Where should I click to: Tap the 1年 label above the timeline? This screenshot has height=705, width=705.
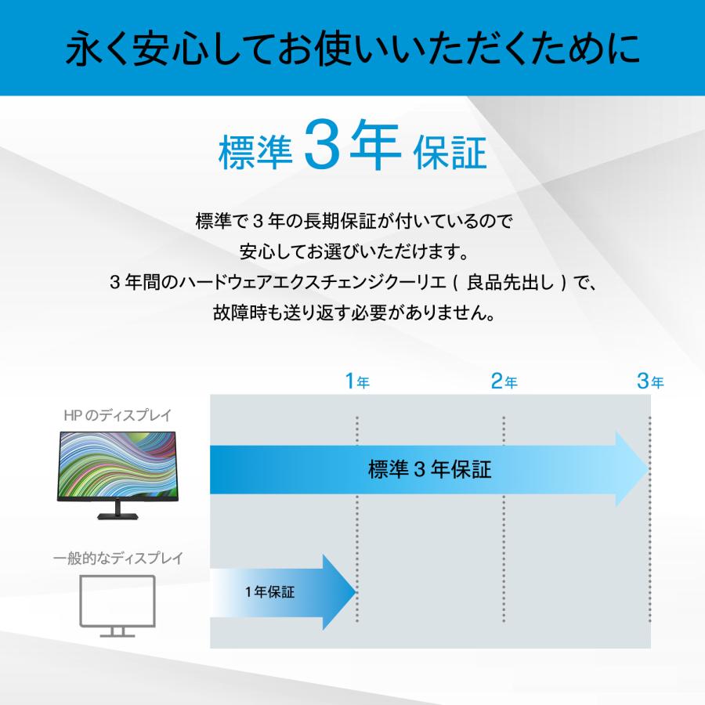(357, 382)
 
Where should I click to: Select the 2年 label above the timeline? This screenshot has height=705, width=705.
(504, 382)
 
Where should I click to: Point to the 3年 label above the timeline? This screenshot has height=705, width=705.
(650, 382)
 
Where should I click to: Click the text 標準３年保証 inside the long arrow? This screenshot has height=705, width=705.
(429, 470)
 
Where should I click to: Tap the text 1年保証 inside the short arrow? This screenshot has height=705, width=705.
(270, 592)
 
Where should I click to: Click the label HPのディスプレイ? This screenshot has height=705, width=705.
(117, 415)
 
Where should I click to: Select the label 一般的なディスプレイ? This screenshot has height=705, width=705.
(117, 559)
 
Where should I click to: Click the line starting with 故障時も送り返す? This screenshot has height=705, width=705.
(352, 313)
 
